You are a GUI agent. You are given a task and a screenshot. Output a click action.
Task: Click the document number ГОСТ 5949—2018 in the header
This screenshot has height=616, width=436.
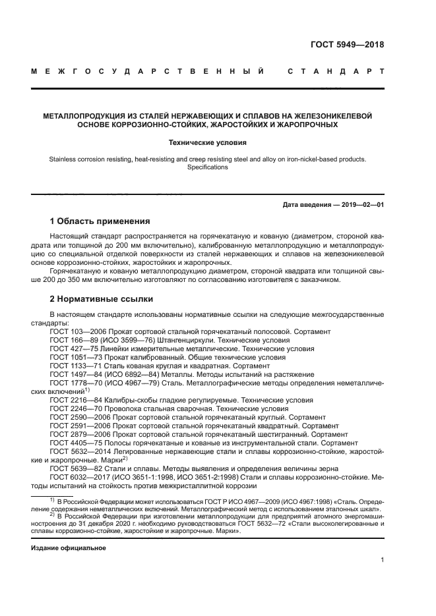click(347, 45)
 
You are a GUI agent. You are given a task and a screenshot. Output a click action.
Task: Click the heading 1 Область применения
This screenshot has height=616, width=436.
click(100, 221)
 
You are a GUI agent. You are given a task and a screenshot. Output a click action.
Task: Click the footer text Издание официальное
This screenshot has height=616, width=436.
click(69, 547)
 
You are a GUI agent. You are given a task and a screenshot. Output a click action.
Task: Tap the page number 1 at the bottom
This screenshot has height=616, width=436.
click(382, 560)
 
